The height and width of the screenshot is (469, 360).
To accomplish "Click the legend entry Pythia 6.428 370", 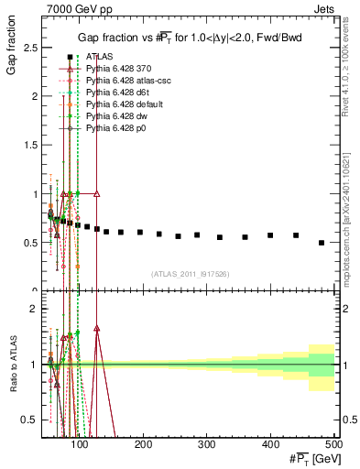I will (117, 70).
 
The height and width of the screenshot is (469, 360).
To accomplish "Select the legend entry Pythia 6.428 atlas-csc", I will (124, 82).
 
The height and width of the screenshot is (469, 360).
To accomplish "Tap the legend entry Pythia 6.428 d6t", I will (117, 93).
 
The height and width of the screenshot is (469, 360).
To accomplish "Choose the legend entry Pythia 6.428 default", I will (122, 105).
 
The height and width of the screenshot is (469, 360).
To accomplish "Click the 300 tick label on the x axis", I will (207, 443).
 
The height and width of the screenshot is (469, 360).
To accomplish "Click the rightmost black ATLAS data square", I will (321, 243).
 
